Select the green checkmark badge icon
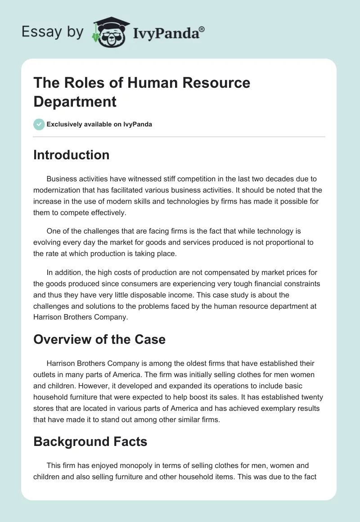click(x=39, y=124)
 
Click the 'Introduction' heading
click(x=72, y=155)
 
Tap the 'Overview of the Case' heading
click(x=99, y=339)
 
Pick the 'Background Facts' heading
click(x=90, y=441)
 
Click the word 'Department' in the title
click(x=75, y=101)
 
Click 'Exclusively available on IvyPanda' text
click(x=99, y=124)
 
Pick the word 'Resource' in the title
click(x=210, y=83)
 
